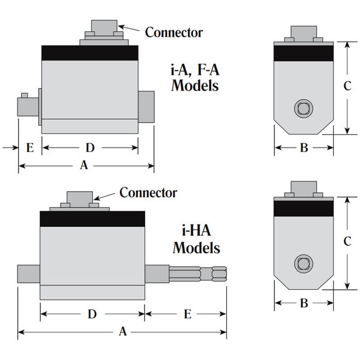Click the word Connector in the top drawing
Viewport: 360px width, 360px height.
174,32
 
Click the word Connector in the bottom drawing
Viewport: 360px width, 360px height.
148,193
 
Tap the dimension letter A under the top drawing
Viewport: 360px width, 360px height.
84,166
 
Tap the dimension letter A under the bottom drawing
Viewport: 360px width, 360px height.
123,331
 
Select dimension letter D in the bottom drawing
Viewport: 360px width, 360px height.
92,313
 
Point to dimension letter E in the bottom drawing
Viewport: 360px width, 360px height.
187,313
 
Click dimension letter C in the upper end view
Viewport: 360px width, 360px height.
347,86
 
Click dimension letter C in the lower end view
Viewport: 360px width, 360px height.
347,241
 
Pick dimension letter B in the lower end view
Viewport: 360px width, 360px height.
304,304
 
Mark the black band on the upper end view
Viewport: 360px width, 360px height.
303,52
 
